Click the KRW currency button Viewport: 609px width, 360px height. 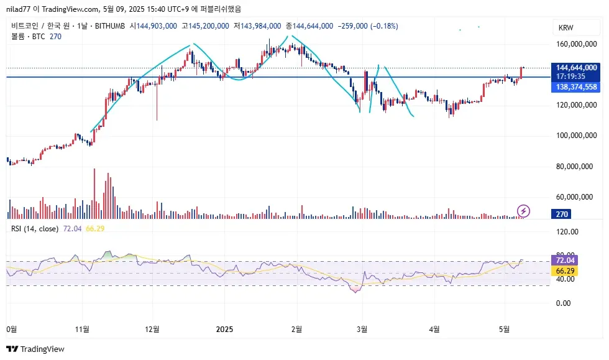(566, 28)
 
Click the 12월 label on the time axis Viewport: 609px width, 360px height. (152, 329)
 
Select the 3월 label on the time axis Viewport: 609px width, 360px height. (360, 329)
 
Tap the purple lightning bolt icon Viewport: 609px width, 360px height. (524, 211)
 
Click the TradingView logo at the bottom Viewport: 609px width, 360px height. (36, 349)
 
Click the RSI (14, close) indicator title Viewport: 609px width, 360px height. (35, 229)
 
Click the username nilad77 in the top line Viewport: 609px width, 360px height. (19, 9)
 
